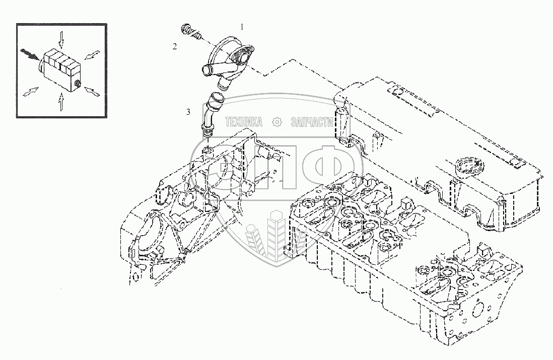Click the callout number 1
pos(242,26)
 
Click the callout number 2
pos(175,47)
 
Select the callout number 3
pos(188,112)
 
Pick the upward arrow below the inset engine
pos(61,104)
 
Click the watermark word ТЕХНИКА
pos(244,122)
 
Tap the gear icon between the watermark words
pos(276,122)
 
